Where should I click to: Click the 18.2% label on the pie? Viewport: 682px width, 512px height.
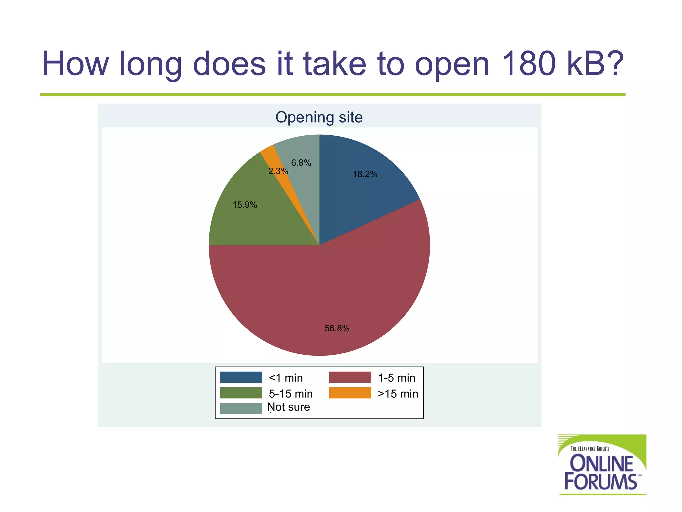365,174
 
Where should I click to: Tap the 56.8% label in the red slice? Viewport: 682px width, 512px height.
337,328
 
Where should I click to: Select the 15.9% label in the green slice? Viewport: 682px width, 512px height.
245,205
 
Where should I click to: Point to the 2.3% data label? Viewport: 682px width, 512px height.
278,171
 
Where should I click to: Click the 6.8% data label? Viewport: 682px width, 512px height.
301,163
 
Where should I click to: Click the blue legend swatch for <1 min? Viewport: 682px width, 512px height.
241,377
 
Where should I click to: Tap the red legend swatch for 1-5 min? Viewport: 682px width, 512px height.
350,377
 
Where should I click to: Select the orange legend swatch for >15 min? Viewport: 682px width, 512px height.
350,393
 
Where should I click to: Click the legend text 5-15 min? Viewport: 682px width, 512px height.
291,394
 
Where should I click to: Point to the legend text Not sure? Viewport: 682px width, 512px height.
289,407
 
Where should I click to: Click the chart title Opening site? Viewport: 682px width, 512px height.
319,117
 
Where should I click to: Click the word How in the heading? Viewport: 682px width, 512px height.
75,63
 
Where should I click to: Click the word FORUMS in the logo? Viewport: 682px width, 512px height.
600,482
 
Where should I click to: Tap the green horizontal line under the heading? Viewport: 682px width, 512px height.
333,95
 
